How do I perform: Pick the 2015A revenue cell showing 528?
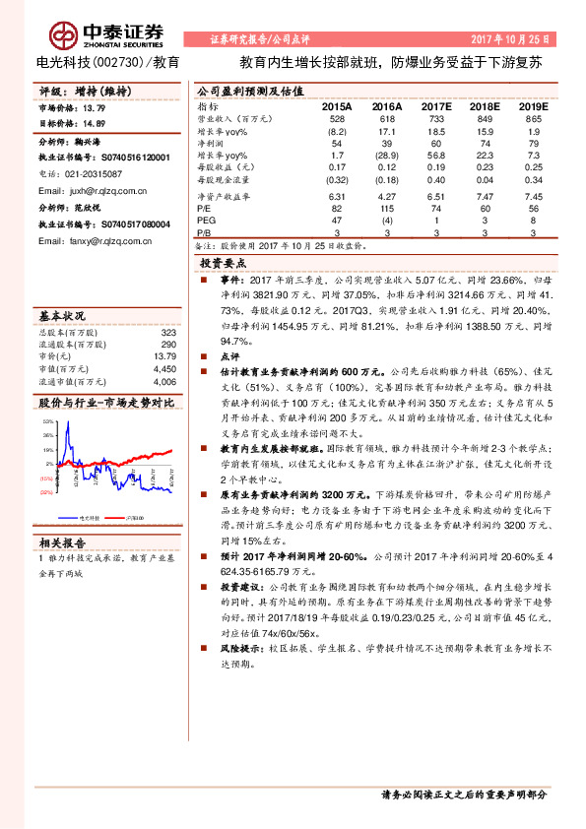(x=337, y=117)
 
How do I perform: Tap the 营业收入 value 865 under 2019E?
(x=533, y=117)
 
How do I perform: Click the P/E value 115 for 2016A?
(x=386, y=209)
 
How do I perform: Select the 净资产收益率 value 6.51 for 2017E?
(x=436, y=196)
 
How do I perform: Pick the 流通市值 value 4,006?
(x=163, y=381)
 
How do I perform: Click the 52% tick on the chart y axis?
(x=47, y=421)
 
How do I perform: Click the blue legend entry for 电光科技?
(x=81, y=516)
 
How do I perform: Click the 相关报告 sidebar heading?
(x=61, y=542)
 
